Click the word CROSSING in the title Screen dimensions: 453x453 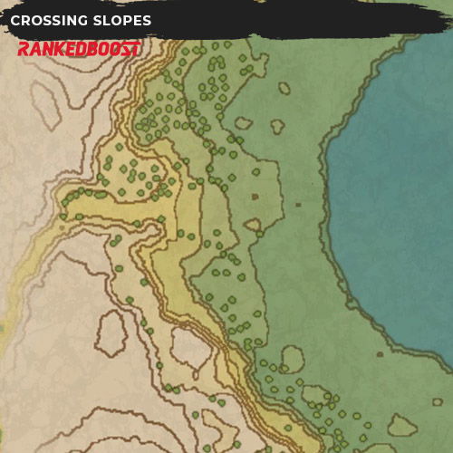click(x=49, y=20)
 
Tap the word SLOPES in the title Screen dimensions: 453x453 click(x=122, y=20)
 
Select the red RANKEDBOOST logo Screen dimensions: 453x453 click(x=79, y=49)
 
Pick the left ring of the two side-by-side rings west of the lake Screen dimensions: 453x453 click(x=242, y=123)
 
